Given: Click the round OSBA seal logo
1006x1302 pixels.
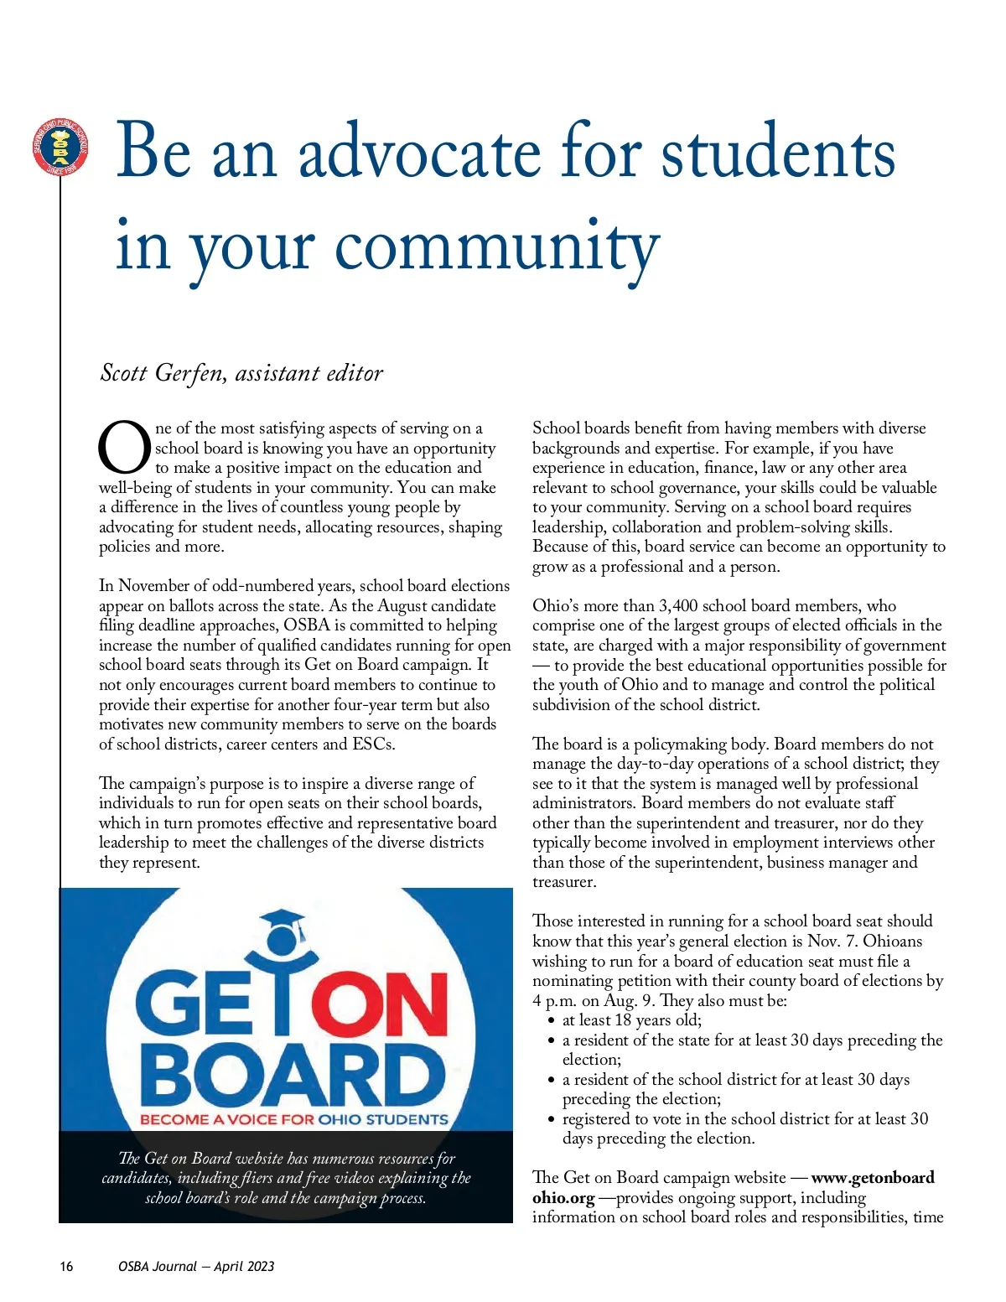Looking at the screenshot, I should (60, 148).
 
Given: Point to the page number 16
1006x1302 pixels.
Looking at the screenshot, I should (66, 1266).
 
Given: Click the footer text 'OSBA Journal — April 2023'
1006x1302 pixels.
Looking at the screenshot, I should (196, 1266).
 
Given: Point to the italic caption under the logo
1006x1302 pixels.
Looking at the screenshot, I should (286, 1178).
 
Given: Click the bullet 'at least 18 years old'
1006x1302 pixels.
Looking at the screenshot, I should (631, 1020).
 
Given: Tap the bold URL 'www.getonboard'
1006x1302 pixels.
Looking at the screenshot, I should (873, 1178).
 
